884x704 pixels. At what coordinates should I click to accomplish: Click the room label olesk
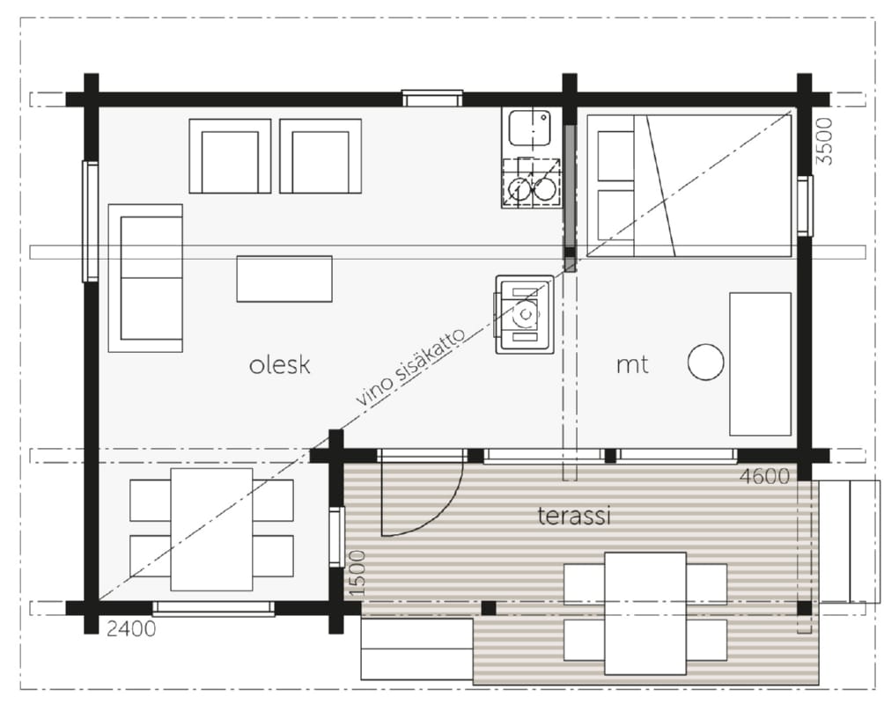[x=280, y=365]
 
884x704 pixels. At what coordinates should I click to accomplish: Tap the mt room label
[x=632, y=365]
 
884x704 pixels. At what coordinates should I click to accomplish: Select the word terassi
[x=574, y=516]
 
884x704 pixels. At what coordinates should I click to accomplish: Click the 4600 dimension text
[x=764, y=477]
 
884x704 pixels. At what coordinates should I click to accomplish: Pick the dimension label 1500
[x=357, y=573]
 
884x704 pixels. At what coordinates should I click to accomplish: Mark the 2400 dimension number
[x=131, y=628]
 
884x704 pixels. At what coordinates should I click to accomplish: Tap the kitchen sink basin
[x=529, y=128]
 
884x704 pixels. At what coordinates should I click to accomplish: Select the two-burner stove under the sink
[x=531, y=183]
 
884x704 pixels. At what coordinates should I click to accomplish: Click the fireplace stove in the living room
[x=524, y=314]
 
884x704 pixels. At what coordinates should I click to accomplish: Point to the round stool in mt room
[x=705, y=363]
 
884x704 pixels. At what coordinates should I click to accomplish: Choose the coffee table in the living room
[x=284, y=279]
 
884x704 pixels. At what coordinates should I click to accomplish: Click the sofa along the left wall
[x=145, y=278]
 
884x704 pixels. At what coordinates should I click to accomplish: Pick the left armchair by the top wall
[x=230, y=156]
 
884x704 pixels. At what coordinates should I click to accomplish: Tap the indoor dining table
[x=211, y=529]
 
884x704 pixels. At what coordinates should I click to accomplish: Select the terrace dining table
[x=645, y=613]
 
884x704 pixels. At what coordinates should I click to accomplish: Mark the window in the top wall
[x=432, y=99]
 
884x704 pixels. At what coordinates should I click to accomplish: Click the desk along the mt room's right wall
[x=761, y=364]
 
